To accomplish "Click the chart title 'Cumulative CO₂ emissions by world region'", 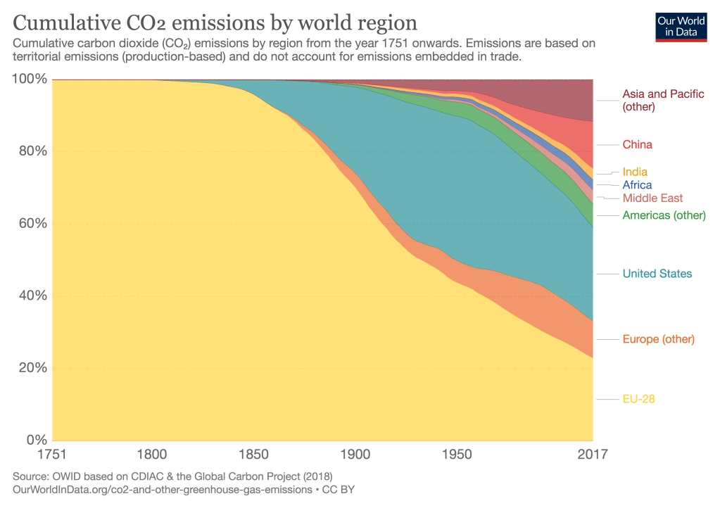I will point(215,23).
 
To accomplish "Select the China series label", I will point(637,145).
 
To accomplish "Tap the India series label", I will point(635,172).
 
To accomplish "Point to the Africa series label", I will point(637,185).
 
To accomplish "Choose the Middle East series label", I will point(652,198).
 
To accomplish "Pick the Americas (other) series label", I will point(664,215).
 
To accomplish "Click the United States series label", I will point(657,274).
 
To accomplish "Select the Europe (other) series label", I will point(658,339).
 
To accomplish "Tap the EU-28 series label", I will point(639,399).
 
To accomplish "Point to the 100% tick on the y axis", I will point(30,80).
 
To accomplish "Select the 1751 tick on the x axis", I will point(53,455).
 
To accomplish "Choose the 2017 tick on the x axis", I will point(591,455).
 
